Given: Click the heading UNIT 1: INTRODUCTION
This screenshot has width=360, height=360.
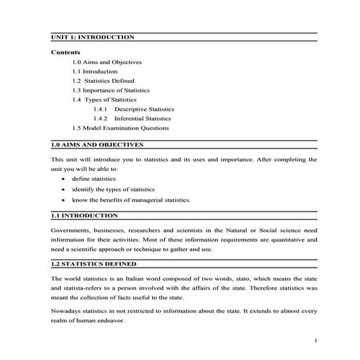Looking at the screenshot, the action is tap(92, 36).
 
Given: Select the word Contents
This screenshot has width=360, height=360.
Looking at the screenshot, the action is tap(65, 52).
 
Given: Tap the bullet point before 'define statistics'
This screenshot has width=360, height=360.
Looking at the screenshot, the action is tap(65, 178).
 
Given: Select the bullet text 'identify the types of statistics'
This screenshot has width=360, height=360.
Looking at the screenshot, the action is tap(113, 188).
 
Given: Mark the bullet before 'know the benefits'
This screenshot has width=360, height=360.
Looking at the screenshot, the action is tap(65, 199).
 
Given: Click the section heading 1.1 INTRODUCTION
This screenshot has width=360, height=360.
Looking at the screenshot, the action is tap(85, 216).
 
